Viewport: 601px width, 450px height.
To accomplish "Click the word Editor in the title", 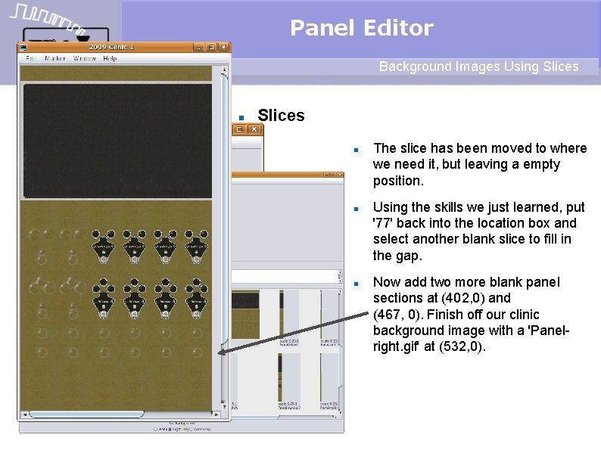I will [398, 29].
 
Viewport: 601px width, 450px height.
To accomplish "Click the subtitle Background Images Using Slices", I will [478, 67].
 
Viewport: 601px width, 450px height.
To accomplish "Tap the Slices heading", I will [281, 116].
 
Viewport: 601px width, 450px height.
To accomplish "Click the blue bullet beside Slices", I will [240, 118].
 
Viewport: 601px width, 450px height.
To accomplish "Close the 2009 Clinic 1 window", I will [223, 47].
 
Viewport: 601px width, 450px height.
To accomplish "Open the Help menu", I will [110, 58].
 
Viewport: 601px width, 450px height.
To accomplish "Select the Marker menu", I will [54, 58].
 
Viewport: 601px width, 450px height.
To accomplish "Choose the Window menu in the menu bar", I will [84, 58].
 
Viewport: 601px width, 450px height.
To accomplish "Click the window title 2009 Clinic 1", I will [112, 47].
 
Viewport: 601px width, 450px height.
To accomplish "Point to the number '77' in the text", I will [384, 223].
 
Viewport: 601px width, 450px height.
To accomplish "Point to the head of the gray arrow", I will [219, 352].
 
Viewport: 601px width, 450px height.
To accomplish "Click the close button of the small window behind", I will [255, 129].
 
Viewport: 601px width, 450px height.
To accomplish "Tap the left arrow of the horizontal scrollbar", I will [25, 414].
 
